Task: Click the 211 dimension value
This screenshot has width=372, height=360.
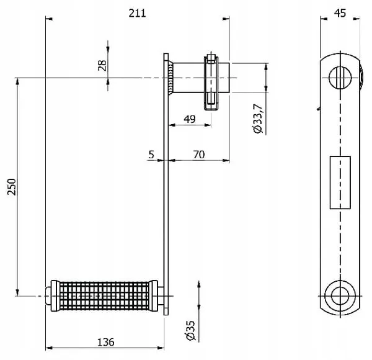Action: pyautogui.click(x=137, y=13)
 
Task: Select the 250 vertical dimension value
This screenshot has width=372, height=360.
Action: pyautogui.click(x=12, y=187)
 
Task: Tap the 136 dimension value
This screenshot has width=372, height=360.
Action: pyautogui.click(x=106, y=342)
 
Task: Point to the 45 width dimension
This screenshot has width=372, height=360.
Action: pyautogui.click(x=340, y=13)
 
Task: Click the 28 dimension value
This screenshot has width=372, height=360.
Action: pyautogui.click(x=102, y=65)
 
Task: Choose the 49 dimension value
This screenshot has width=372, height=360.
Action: pyautogui.click(x=190, y=119)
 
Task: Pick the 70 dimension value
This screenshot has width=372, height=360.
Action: pyautogui.click(x=199, y=155)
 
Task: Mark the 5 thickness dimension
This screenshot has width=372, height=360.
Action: pyautogui.click(x=151, y=155)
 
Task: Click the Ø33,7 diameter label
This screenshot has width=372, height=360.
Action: pyautogui.click(x=258, y=119)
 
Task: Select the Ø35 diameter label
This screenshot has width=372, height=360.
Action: pyautogui.click(x=191, y=330)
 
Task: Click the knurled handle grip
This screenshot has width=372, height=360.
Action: pyautogui.click(x=104, y=296)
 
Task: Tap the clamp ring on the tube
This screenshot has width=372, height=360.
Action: pyautogui.click(x=211, y=83)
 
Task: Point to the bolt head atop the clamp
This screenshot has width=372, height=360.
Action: pyautogui.click(x=211, y=57)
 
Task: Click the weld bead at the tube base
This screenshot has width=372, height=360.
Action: pyautogui.click(x=170, y=78)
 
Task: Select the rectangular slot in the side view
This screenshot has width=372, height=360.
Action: pyautogui.click(x=340, y=182)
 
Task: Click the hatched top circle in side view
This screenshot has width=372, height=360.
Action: pyautogui.click(x=340, y=78)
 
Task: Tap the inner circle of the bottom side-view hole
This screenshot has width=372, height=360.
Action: pyautogui.click(x=340, y=296)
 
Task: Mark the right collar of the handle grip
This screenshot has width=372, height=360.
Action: pyautogui.click(x=154, y=296)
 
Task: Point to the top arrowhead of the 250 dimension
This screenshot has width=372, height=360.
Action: pyautogui.click(x=17, y=81)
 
